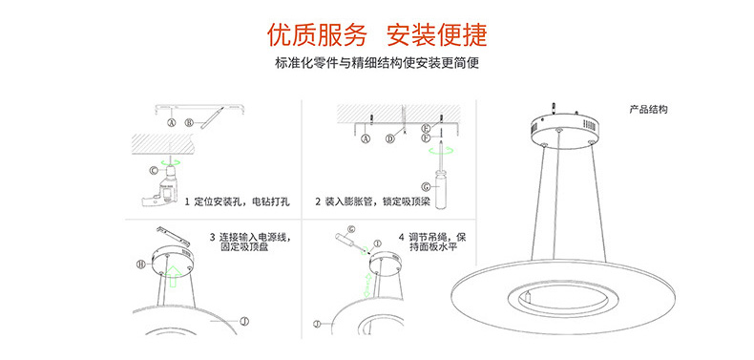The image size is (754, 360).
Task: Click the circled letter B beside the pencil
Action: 189,123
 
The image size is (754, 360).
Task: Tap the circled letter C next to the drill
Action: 154,170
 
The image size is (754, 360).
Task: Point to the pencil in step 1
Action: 212,116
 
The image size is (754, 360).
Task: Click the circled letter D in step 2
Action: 390,139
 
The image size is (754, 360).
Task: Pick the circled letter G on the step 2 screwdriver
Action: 426,186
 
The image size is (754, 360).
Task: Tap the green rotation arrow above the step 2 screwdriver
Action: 441,151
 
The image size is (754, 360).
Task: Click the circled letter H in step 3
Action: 140,265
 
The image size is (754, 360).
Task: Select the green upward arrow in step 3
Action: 173,277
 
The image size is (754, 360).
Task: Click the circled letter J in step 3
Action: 244,321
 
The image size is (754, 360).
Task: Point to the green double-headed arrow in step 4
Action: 367,285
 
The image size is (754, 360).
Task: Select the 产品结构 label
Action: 649,110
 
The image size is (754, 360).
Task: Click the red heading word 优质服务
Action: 317,35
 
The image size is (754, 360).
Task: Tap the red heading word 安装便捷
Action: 437,35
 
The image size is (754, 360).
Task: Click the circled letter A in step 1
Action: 171,123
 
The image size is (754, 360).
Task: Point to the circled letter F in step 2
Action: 425,138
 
